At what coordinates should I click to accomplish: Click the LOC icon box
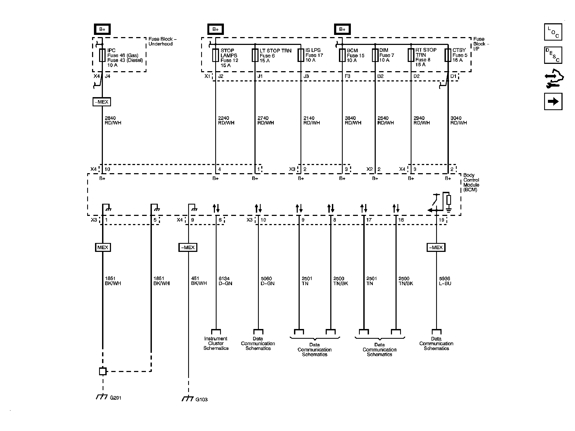point(553,32)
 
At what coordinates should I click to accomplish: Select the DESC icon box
point(553,55)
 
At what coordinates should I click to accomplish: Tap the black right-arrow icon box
point(553,101)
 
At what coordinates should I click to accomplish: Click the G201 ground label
point(116,398)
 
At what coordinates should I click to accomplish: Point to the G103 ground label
point(201,400)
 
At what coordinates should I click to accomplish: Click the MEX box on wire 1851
point(103,247)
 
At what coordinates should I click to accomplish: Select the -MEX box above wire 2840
point(102,102)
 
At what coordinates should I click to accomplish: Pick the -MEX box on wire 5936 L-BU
point(436,247)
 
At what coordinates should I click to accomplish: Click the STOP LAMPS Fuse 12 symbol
point(215,55)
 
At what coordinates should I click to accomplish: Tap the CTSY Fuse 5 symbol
point(448,55)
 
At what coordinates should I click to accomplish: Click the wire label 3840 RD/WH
point(353,120)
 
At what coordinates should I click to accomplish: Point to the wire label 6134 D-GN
point(225,281)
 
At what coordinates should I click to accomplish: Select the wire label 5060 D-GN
point(267,281)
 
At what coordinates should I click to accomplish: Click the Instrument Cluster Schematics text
point(216,343)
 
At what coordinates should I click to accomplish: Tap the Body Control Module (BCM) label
point(471,182)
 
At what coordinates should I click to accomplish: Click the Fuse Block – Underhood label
point(162,41)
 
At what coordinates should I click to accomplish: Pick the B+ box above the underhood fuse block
point(102,29)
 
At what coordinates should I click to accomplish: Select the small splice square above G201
point(103,371)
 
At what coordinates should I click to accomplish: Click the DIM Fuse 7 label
point(386,55)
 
